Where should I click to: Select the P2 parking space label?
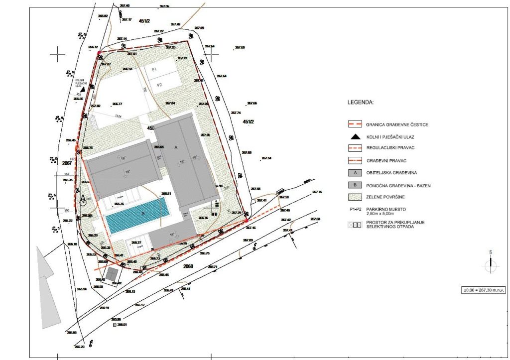tap(160, 85)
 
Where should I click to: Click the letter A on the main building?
tap(175, 148)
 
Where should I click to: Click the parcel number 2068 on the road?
tap(188, 266)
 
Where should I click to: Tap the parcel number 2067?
tap(67, 163)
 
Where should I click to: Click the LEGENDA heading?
tap(361, 103)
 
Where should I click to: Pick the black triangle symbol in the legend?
tap(355, 136)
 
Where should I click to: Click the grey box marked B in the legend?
tap(355, 185)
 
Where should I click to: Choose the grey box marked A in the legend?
tap(355, 173)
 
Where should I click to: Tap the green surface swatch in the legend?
tap(355, 198)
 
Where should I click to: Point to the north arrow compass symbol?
tap(491, 265)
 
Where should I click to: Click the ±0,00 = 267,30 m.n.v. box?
tap(483, 290)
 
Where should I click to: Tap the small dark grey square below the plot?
tap(113, 274)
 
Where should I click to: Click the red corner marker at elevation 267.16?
tap(247, 220)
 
